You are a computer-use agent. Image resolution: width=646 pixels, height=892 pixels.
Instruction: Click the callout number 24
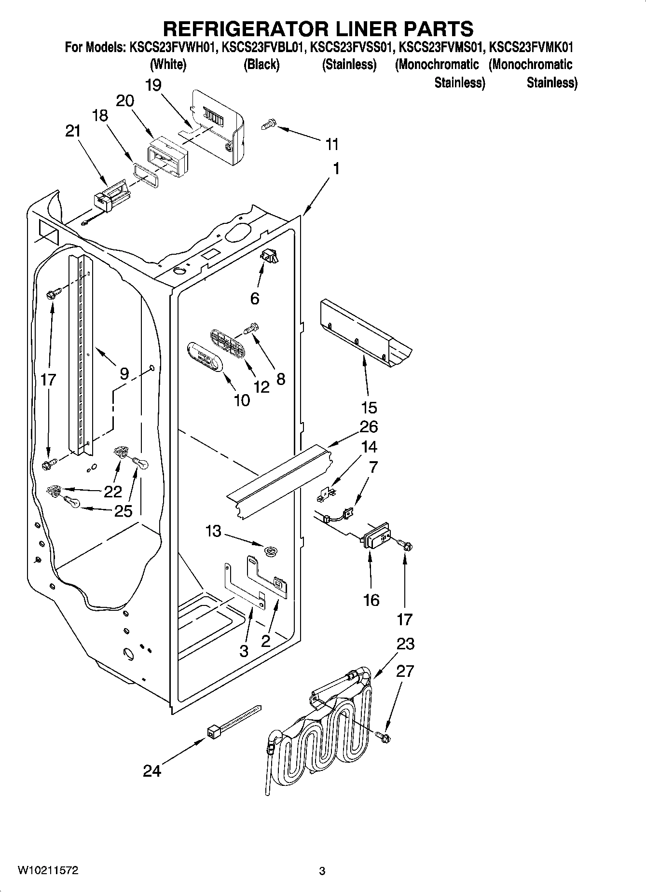point(151,771)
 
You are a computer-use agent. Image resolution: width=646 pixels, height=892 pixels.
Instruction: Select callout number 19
point(153,85)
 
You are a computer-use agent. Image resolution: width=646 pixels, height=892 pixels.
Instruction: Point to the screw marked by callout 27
point(384,737)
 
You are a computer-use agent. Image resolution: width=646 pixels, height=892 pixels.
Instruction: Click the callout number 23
point(405,644)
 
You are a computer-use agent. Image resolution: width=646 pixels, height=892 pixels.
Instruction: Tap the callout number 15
point(369,407)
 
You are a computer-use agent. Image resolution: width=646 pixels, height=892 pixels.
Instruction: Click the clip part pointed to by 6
point(270,258)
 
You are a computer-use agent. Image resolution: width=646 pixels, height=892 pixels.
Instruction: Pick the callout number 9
point(124,373)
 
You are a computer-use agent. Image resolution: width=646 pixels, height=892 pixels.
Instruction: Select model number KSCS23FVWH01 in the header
point(170,48)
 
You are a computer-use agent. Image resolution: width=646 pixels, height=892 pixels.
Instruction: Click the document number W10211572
point(48,871)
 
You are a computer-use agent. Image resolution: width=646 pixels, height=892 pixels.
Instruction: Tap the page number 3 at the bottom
point(322,871)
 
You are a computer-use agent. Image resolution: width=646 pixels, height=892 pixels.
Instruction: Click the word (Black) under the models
point(261,64)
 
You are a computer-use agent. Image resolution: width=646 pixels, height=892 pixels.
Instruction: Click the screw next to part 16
point(406,546)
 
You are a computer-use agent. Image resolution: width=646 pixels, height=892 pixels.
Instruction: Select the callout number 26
point(369,426)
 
